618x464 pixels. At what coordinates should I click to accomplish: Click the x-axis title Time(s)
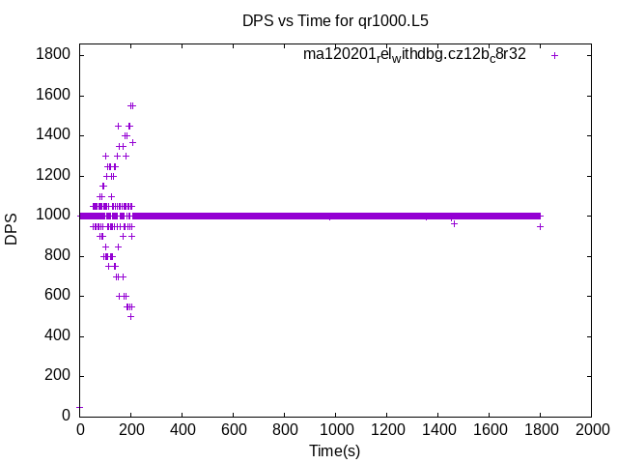[x=334, y=450]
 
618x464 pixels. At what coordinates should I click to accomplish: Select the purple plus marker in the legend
[x=555, y=55]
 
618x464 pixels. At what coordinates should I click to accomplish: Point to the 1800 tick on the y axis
[x=52, y=55]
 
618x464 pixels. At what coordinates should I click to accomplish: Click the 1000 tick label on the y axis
[x=52, y=216]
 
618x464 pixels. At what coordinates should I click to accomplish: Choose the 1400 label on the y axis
[x=52, y=135]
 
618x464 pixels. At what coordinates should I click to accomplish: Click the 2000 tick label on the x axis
[x=591, y=430]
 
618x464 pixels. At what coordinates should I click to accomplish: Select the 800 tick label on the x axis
[x=284, y=430]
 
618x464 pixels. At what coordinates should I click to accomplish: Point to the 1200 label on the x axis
[x=386, y=430]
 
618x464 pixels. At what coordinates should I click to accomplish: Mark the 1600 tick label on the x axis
[x=489, y=430]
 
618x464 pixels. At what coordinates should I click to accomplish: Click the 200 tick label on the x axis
[x=130, y=430]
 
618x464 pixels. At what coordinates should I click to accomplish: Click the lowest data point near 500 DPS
[x=130, y=316]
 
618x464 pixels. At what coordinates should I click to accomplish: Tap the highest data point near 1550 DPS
[x=131, y=105]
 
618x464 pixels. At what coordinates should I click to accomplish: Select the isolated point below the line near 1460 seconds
[x=454, y=223]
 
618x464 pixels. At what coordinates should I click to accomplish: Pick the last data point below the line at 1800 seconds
[x=540, y=226]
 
